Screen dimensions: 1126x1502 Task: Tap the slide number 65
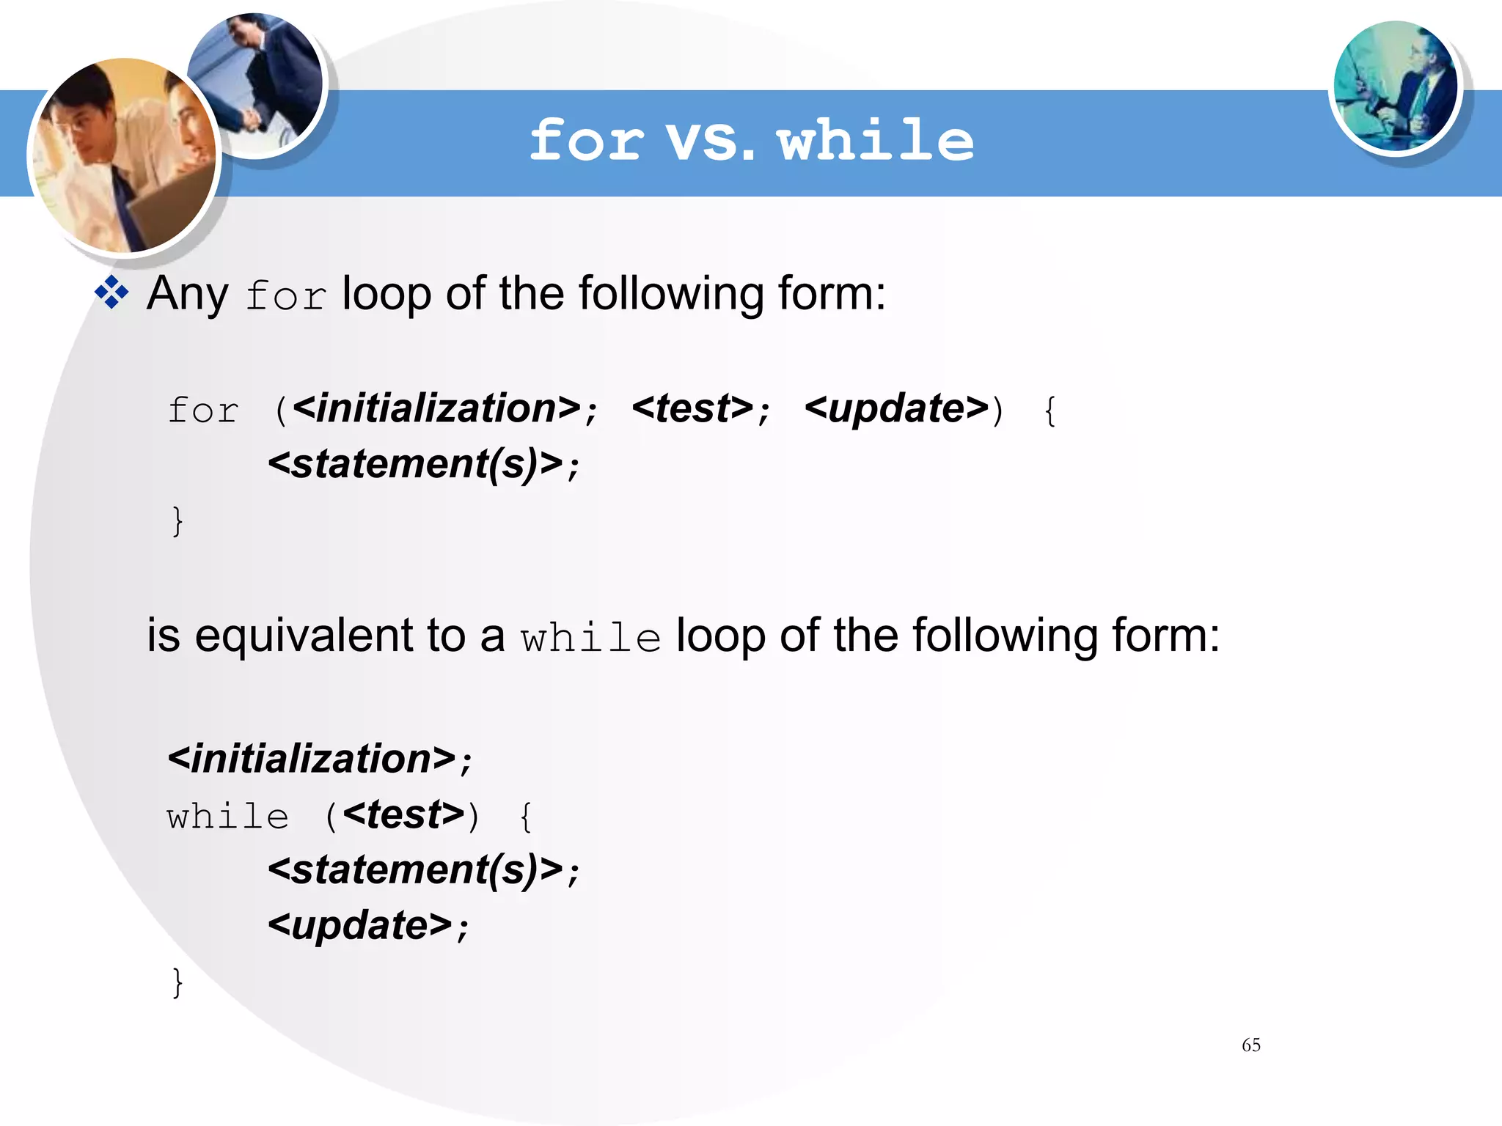pyautogui.click(x=1251, y=1045)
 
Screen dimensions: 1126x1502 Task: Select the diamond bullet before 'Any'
pyautogui.click(x=111, y=293)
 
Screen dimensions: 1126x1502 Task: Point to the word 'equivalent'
pyautogui.click(x=304, y=635)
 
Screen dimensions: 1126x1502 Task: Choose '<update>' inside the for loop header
pyautogui.click(x=896, y=408)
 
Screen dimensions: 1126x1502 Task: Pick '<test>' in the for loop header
pyautogui.click(x=692, y=408)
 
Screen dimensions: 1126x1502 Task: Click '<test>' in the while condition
pyautogui.click(x=403, y=814)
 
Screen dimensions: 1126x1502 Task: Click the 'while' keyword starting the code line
pyautogui.click(x=228, y=817)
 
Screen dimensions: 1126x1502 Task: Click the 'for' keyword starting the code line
pyautogui.click(x=203, y=411)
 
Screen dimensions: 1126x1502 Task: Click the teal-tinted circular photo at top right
pyautogui.click(x=1395, y=87)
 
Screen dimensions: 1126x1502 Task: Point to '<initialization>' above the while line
pyautogui.click(x=312, y=759)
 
